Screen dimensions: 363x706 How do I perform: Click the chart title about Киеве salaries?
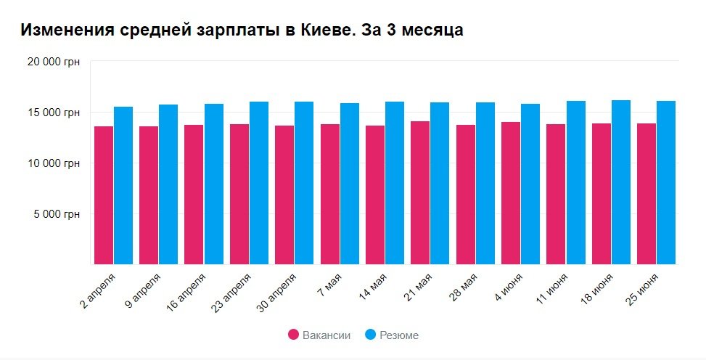click(x=242, y=30)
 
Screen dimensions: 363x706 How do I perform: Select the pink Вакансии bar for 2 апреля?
click(x=104, y=195)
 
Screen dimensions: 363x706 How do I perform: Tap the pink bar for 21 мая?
click(x=420, y=192)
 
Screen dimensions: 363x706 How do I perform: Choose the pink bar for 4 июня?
click(x=511, y=193)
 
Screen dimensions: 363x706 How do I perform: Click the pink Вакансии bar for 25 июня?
click(x=647, y=194)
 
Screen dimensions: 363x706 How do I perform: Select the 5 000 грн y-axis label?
click(x=58, y=214)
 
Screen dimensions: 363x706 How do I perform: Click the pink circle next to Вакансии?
click(x=293, y=335)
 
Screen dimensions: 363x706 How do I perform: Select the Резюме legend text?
click(x=399, y=335)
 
